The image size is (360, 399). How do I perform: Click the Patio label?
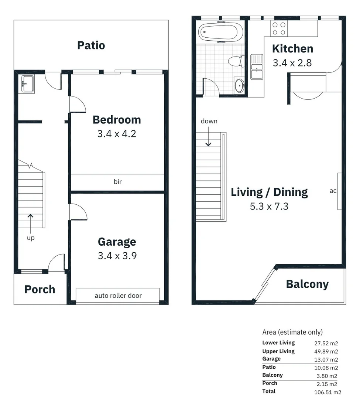pos(91,45)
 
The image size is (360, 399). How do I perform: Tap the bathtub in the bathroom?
pos(220,32)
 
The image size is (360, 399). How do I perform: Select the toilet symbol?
pos(235,61)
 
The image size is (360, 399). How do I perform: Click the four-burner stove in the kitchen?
pos(279,28)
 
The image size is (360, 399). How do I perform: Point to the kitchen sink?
pos(257,67)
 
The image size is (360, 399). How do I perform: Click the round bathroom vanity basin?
pos(239,86)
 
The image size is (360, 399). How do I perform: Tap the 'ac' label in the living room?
pos(333,191)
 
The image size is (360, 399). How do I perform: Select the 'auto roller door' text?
pos(118,295)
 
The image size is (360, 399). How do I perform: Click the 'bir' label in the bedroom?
pos(117,181)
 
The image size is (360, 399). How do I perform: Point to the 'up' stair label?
pos(31,238)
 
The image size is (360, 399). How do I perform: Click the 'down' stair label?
pos(209,121)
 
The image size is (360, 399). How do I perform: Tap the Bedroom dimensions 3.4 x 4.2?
pos(117,133)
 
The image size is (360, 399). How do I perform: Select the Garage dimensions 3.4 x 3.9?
pos(117,255)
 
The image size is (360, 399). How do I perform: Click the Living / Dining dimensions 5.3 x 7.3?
pos(269,206)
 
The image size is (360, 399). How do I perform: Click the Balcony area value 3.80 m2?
pos(328,376)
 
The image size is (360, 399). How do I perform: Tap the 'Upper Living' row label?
pos(278,351)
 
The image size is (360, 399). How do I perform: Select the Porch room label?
pos(40,289)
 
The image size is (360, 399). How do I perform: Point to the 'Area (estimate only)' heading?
pos(292,332)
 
